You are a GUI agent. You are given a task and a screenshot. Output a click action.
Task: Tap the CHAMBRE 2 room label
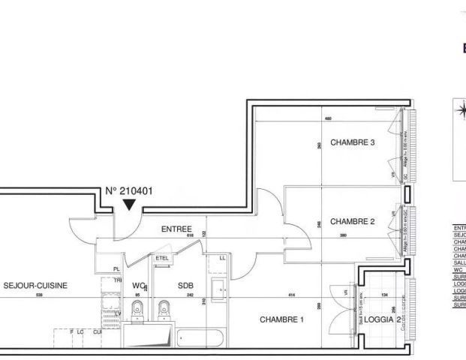[x=352, y=221]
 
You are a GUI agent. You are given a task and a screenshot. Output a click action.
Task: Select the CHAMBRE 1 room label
[x=281, y=319]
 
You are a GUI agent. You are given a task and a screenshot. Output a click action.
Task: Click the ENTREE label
[x=176, y=229]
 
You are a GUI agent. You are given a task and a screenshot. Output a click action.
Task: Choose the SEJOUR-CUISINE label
[x=35, y=285]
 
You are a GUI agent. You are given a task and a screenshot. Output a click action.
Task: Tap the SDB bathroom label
[x=185, y=285]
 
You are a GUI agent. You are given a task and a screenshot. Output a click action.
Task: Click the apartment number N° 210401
[x=128, y=190]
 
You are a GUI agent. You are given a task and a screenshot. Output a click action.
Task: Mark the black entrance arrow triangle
[x=130, y=205]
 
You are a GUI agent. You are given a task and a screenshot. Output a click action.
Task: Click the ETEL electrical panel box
[x=162, y=259]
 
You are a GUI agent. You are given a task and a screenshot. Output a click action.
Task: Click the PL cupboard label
[x=116, y=268]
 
